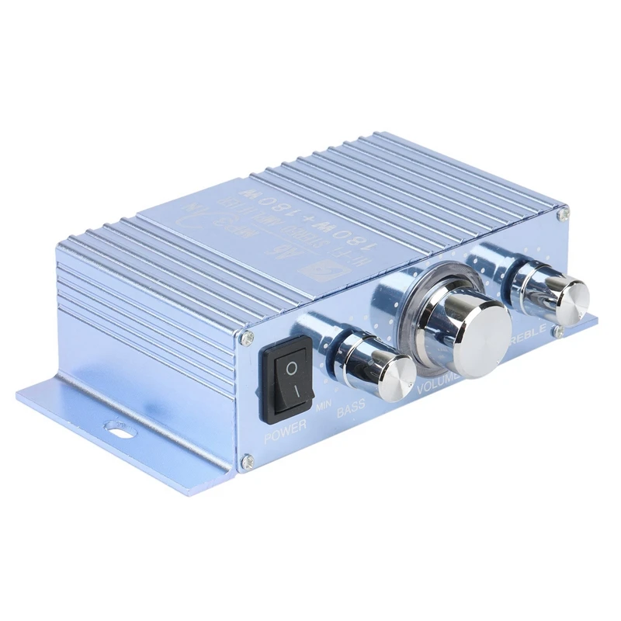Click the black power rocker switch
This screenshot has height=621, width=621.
point(287,381)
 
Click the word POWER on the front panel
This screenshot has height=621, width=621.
point(285,435)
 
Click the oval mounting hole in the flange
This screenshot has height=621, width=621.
point(119,425)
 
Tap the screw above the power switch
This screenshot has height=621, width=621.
point(248,336)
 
